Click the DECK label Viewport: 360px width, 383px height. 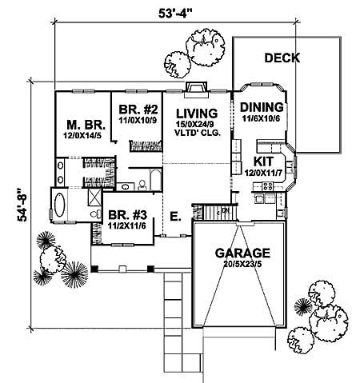point(282,58)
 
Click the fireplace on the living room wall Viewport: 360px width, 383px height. point(197,89)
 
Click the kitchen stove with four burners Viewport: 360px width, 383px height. point(266,189)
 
